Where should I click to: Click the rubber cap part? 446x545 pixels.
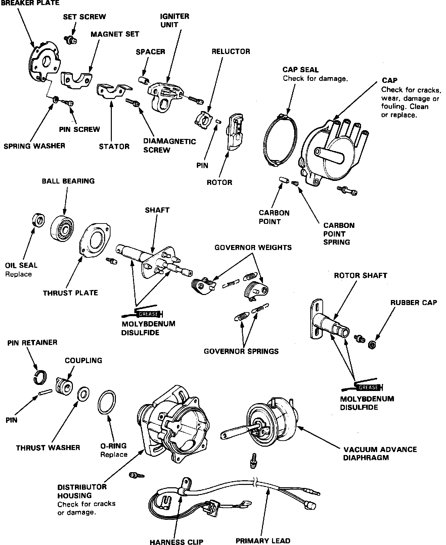[x=372, y=344]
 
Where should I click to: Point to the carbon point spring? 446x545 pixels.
[x=295, y=184]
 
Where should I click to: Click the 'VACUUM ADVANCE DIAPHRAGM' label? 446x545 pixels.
[x=380, y=453]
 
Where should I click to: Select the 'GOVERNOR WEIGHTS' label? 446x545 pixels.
[x=253, y=248]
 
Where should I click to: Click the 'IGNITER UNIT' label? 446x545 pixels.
[x=174, y=20]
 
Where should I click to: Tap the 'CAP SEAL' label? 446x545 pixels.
[x=300, y=69]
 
